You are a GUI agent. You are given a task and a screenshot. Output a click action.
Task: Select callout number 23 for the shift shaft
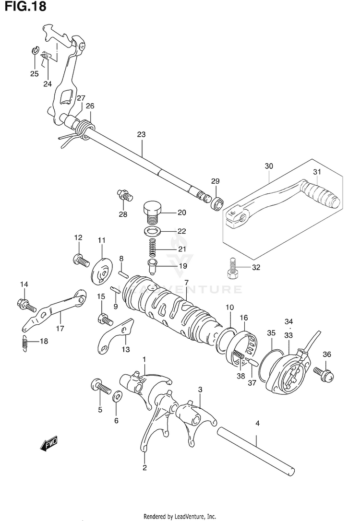pyautogui.click(x=141, y=135)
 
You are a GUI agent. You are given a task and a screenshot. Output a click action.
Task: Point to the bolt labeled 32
pyautogui.click(x=232, y=268)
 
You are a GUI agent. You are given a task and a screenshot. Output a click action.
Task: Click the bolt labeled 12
pyautogui.click(x=80, y=260)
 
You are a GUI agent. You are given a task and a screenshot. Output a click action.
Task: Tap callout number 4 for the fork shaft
pyautogui.click(x=257, y=423)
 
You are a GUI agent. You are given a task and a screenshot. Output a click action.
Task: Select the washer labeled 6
pyautogui.click(x=117, y=398)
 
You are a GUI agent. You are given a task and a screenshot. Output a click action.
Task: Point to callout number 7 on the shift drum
pyautogui.click(x=186, y=282)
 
